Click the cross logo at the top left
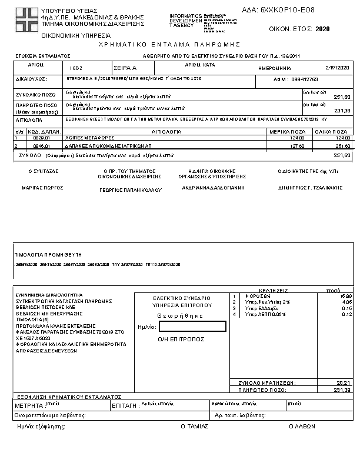click(26, 19)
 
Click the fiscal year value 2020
click(322, 28)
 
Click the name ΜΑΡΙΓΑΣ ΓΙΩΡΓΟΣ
click(43, 188)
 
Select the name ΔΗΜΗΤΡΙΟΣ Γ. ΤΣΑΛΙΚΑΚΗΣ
click(310, 188)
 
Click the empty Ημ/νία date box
click(192, 327)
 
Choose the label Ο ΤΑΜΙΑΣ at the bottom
click(194, 425)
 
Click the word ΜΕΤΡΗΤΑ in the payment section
click(28, 406)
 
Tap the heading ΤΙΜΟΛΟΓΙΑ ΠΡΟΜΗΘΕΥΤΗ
click(47, 254)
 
